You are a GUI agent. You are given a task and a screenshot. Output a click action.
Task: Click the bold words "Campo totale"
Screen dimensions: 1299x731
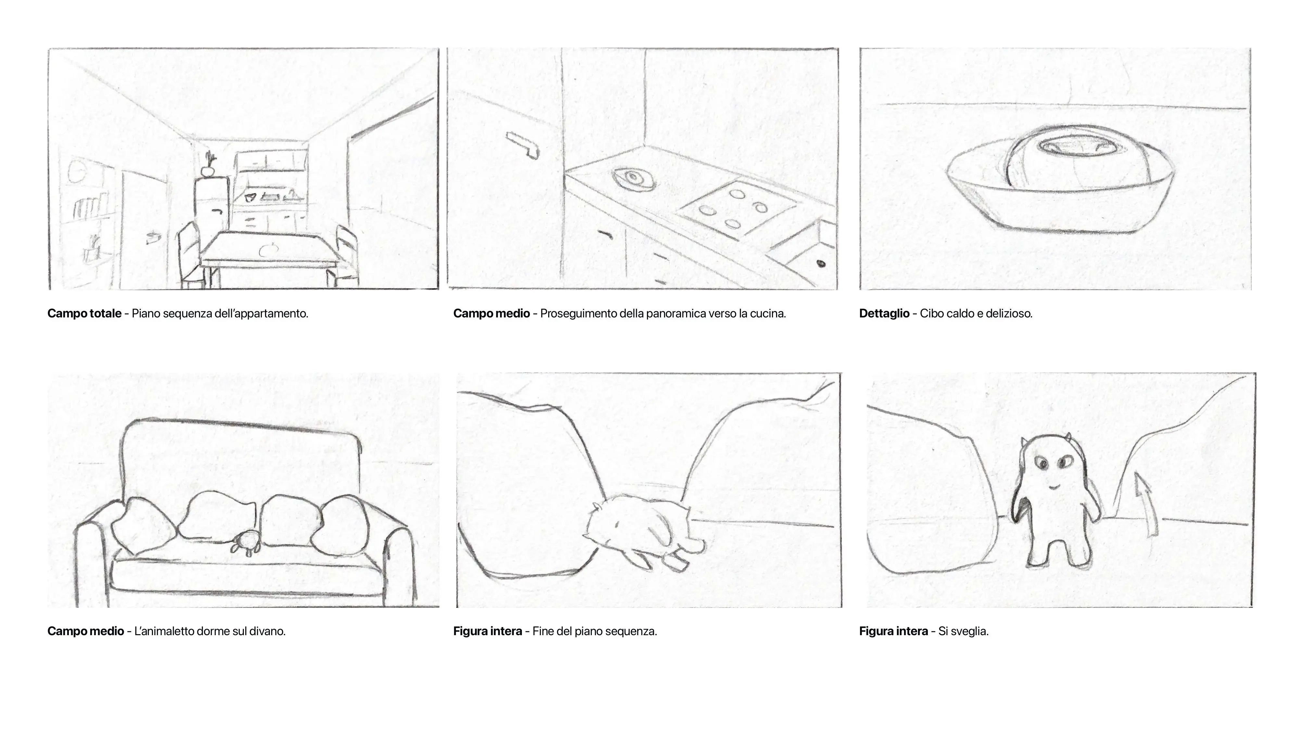point(84,313)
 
